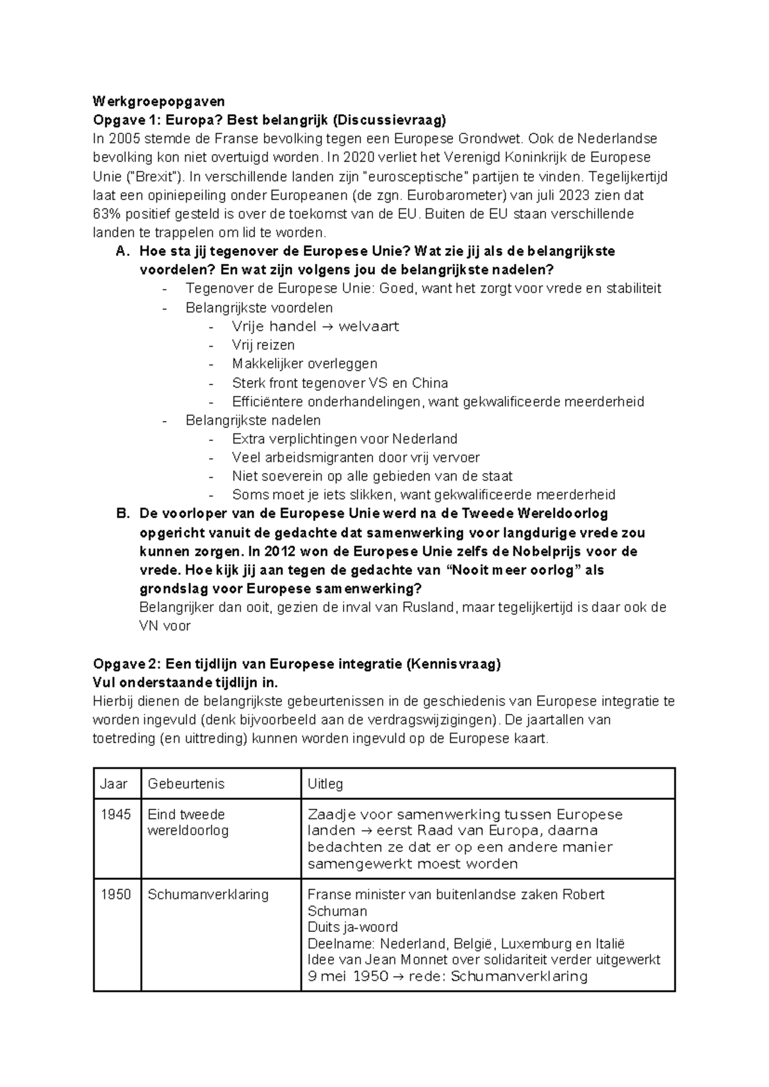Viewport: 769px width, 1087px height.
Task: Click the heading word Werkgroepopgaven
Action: pyautogui.click(x=159, y=101)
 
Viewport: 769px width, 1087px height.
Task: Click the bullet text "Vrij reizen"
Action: pyautogui.click(x=263, y=345)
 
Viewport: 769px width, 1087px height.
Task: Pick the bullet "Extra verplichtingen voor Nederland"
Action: pyautogui.click(x=344, y=439)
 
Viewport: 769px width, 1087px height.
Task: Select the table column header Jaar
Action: pyautogui.click(x=114, y=783)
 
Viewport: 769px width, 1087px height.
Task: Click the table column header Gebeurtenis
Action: pyautogui.click(x=186, y=783)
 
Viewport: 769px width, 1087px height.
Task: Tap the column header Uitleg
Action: pyautogui.click(x=325, y=783)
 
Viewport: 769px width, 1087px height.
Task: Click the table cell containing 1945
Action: pyautogui.click(x=116, y=815)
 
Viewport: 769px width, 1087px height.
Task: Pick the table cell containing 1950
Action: pyautogui.click(x=116, y=894)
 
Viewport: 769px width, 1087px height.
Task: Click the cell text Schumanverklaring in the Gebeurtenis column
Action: pyautogui.click(x=208, y=894)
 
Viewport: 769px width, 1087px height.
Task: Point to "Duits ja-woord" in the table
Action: pyautogui.click(x=352, y=927)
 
